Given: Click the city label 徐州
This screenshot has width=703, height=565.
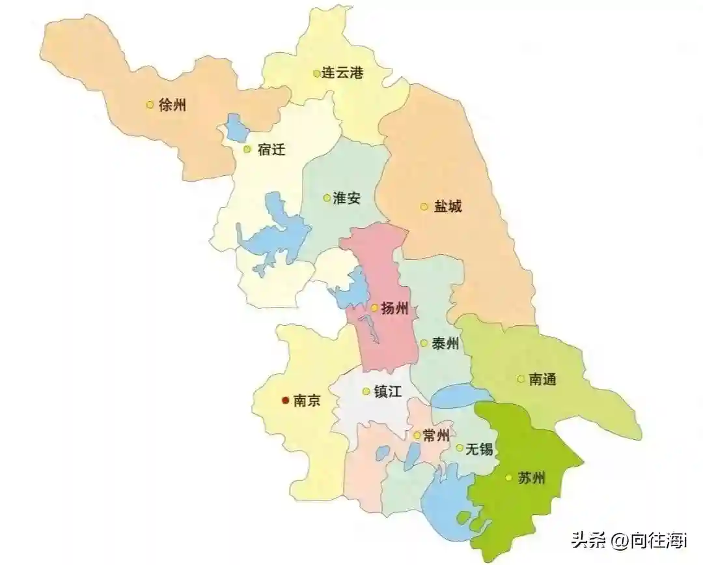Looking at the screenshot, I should tap(172, 104).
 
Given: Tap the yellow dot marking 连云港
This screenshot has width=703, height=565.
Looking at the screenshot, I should tap(316, 74).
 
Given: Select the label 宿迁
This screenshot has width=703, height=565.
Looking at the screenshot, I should tap(271, 149).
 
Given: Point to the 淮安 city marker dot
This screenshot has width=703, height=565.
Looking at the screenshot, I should tap(327, 197).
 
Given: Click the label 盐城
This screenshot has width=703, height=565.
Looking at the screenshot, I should tap(448, 207).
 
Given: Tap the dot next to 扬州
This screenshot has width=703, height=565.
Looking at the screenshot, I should tap(374, 308).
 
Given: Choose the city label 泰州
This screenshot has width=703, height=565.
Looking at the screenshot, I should tap(446, 343).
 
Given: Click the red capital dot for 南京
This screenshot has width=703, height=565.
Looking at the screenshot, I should tap(284, 401).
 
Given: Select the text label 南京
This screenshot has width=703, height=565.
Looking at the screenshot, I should tap(307, 401).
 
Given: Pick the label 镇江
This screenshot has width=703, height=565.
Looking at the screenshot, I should tap(389, 392).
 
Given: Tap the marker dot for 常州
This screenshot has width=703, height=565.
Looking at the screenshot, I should tap(417, 435).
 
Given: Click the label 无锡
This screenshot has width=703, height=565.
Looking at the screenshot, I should tap(479, 448).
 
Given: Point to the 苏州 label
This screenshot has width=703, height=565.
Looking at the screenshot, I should tap(532, 478).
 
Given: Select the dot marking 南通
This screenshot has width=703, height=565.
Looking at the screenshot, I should tap(521, 379).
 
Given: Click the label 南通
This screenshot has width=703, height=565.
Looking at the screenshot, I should tap(543, 379).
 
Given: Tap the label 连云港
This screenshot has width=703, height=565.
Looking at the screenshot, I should tap(342, 74).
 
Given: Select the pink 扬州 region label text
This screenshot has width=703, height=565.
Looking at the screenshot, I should tap(395, 308).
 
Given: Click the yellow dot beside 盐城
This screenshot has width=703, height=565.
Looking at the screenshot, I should tap(424, 207).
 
